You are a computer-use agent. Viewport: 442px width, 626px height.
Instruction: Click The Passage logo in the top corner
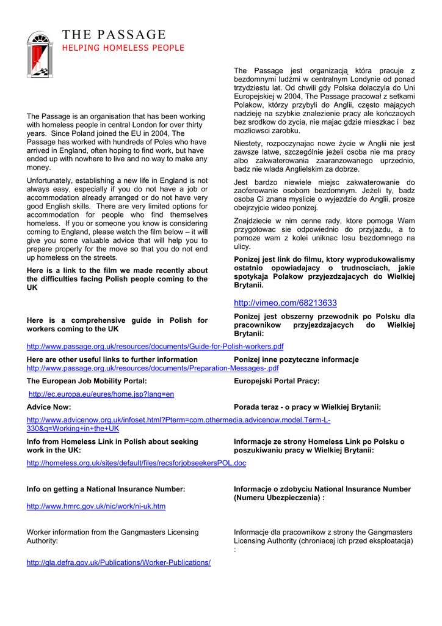tap(40, 54)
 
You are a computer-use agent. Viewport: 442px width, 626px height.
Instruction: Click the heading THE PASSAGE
tap(114, 35)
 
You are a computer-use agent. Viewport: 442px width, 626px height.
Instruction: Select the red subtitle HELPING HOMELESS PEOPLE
tap(123, 48)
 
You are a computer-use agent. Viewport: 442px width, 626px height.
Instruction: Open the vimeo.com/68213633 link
tap(285, 303)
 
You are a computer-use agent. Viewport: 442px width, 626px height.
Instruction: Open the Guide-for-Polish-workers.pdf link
tap(155, 347)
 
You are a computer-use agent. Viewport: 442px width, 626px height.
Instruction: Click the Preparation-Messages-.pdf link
tap(153, 369)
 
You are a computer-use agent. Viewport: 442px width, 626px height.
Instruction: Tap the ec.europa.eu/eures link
tap(101, 394)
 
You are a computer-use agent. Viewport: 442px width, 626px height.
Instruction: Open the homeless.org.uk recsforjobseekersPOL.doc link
tap(136, 463)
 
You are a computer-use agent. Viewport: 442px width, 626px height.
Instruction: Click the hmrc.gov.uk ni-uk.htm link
tap(96, 506)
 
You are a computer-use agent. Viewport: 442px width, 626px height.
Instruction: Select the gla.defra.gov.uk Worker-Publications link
tap(118, 562)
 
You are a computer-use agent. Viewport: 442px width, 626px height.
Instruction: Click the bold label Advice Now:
tap(49, 407)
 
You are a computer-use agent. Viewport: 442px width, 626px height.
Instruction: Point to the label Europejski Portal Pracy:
tap(277, 381)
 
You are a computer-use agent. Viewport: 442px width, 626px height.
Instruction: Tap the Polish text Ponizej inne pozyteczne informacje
tap(296, 359)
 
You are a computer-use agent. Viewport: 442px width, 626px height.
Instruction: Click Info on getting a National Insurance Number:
tap(106, 489)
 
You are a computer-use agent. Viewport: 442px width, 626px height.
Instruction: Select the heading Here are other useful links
tap(112, 359)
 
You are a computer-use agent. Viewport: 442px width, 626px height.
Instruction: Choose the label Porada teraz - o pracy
tap(307, 407)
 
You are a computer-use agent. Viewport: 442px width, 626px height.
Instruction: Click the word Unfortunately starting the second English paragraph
tap(50, 181)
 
